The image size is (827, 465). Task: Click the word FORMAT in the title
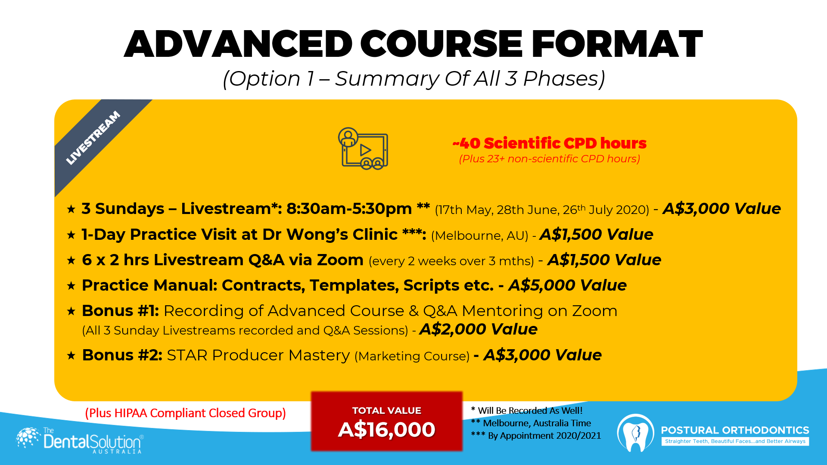click(x=617, y=44)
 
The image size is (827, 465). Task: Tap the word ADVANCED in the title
click(x=238, y=44)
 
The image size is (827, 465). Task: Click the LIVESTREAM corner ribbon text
click(x=93, y=138)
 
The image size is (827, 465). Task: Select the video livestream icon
click(x=363, y=148)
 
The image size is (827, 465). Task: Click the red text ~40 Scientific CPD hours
click(x=550, y=143)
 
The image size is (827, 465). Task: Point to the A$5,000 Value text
click(x=567, y=285)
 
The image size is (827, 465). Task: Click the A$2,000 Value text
click(x=479, y=329)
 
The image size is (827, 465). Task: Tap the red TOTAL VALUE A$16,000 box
click(x=387, y=421)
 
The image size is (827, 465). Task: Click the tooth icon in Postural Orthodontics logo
click(x=636, y=433)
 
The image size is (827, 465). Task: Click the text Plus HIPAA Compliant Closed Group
click(x=186, y=413)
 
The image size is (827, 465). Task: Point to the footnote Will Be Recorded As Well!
click(x=527, y=410)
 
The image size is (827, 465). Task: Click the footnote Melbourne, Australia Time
click(x=531, y=423)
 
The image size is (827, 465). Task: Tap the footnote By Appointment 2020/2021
click(x=536, y=435)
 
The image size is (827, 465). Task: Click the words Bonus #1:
click(x=121, y=311)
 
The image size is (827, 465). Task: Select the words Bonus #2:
click(x=122, y=355)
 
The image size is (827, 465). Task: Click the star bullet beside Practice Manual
click(x=72, y=286)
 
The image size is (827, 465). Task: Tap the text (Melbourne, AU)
click(x=479, y=236)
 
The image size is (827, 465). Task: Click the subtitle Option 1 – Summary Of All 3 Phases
click(x=414, y=79)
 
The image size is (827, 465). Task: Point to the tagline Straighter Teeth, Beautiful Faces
click(x=735, y=441)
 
